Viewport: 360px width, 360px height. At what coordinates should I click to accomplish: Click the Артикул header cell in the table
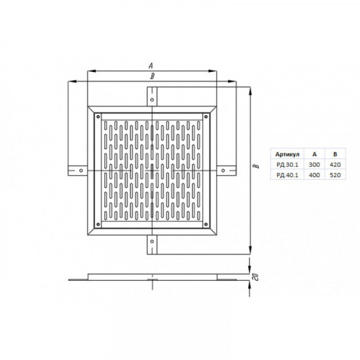click(287, 154)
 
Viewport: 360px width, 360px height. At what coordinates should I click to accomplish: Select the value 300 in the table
click(314, 165)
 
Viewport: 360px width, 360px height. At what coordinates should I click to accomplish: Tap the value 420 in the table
click(335, 165)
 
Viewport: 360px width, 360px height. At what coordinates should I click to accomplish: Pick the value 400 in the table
click(314, 175)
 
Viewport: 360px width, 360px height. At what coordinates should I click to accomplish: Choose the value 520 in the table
click(335, 175)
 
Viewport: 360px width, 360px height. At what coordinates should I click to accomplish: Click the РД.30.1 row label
click(287, 165)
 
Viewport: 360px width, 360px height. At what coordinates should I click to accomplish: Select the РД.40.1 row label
click(287, 175)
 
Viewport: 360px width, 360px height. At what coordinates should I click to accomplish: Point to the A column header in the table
click(315, 154)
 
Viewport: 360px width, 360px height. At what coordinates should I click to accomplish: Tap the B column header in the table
click(335, 154)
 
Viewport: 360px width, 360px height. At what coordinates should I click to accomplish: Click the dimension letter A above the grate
click(150, 66)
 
